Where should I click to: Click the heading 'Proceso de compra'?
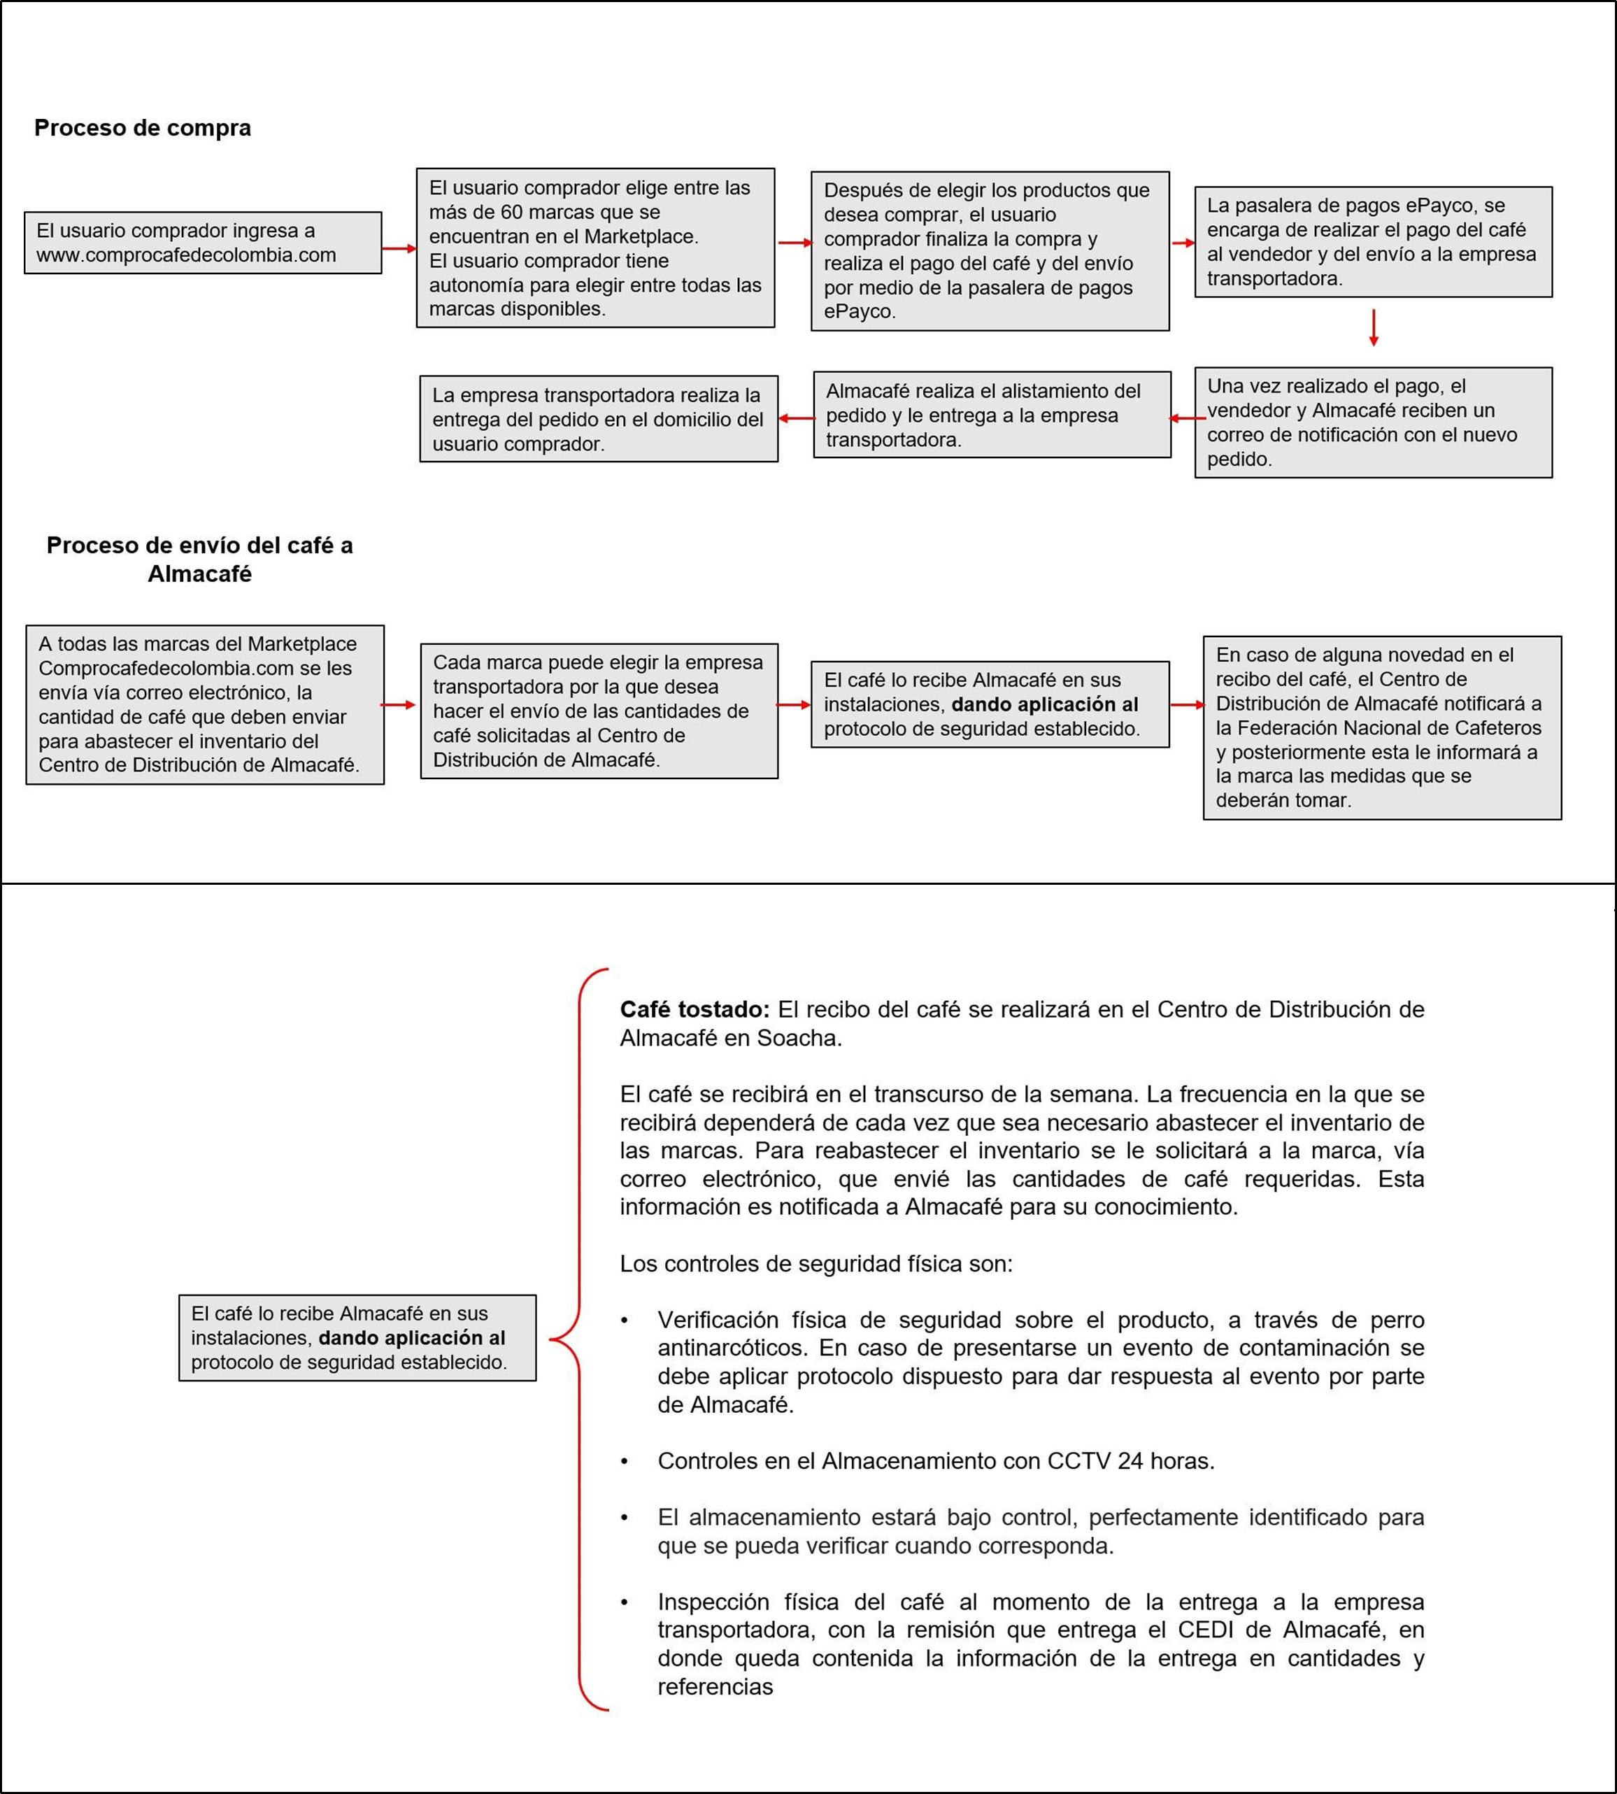coord(142,128)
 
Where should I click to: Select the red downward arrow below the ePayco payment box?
coord(1373,328)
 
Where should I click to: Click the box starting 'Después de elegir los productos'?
coord(989,252)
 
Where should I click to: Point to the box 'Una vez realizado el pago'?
coord(1373,423)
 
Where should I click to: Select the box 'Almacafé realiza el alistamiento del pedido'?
coord(992,415)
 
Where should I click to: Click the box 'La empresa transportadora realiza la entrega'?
coord(598,418)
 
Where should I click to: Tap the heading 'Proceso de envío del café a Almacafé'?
coord(199,559)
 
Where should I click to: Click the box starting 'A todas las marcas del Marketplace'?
coord(204,704)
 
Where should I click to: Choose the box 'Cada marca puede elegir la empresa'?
coord(598,711)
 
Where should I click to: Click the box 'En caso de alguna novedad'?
coord(1381,727)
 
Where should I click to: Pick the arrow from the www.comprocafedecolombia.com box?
coord(399,249)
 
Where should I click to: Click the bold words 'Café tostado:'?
coord(694,1009)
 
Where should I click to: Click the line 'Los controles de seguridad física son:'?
coord(815,1264)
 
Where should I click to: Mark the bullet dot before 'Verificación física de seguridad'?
coord(625,1320)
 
